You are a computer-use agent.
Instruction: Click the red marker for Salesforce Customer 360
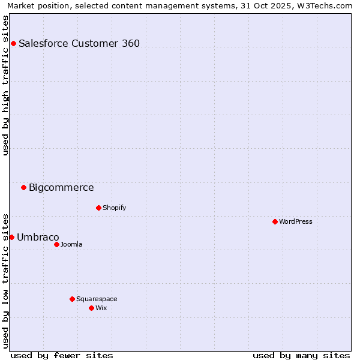pos(13,43)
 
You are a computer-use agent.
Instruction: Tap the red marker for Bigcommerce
pos(23,187)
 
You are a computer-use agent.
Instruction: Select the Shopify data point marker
pos(98,208)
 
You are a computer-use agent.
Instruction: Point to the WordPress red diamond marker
pos(275,221)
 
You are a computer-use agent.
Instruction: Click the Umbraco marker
pos(11,237)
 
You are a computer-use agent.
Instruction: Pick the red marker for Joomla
pos(56,244)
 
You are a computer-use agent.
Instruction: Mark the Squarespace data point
pos(72,299)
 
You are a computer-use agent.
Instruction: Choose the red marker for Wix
pos(91,308)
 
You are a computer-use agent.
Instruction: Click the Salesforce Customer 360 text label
pos(79,43)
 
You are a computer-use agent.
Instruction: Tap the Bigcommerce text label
pos(61,187)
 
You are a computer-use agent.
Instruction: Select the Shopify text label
pos(114,208)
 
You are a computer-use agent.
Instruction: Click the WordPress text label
pos(295,221)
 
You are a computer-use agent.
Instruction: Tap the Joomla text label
pos(71,244)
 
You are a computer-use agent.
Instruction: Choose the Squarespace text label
pos(97,299)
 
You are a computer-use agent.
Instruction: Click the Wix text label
pos(101,308)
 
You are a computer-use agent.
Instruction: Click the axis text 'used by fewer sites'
pos(62,355)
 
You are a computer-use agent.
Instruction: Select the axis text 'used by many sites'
pos(301,355)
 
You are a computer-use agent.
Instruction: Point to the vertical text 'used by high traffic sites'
pos(5,85)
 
